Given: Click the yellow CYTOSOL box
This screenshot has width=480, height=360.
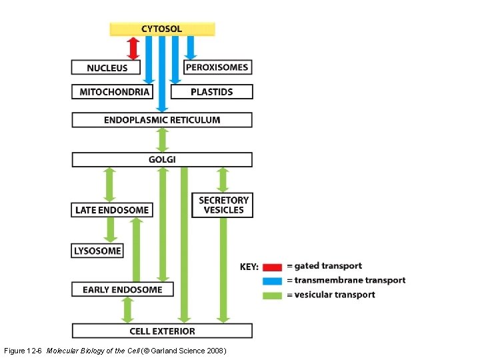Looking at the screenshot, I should pos(162,29).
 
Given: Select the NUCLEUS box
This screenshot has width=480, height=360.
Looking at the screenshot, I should pos(107,67).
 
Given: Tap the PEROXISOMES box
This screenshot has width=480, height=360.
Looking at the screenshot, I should pos(217,67).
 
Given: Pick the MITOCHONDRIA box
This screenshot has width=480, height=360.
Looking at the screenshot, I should pos(113,92).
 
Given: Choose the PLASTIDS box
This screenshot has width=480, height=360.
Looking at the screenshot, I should pos(211,92).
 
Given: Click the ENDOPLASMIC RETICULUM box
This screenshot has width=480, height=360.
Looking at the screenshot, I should pos(162,120).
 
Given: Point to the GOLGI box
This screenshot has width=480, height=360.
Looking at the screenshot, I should pos(162,159).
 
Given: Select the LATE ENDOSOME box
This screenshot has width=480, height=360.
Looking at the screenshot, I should pos(112,210).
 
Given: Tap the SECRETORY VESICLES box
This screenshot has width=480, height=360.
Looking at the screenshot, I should pos(223,205).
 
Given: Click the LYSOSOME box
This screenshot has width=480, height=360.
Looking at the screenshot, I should pos(97,251).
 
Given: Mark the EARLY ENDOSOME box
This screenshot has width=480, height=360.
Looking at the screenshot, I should pos(122,289).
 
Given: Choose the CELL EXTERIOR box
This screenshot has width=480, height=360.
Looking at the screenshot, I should pos(162,331).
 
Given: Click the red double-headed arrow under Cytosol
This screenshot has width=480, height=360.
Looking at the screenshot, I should pos(133,48).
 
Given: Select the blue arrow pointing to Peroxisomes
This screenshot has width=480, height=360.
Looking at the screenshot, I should pos(191,47).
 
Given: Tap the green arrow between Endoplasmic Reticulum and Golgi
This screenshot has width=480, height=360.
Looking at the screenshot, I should pos(162,140).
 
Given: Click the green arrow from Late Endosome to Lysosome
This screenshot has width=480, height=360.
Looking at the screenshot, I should pos(111,230).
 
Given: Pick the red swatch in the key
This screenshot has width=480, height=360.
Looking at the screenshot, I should pos(272,267).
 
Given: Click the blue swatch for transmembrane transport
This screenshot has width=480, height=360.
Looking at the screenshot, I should pos(272,281).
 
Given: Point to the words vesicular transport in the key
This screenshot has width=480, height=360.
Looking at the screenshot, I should pos(335,295).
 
